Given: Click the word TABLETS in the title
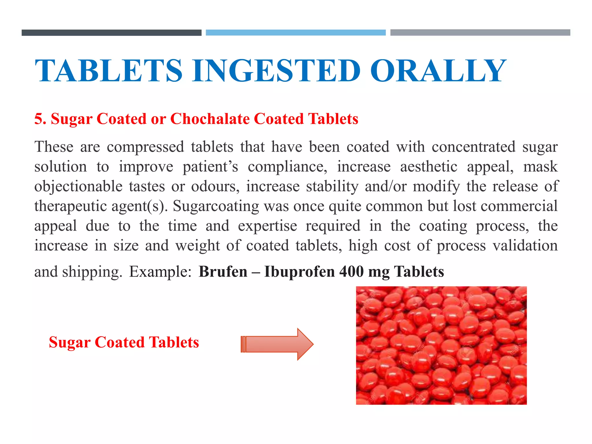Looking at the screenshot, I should (x=109, y=71).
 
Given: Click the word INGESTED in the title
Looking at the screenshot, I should (x=276, y=71).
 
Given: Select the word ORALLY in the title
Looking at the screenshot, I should (x=438, y=71).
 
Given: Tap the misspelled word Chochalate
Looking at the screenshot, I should (x=210, y=119).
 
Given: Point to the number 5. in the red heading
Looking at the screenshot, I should (x=40, y=119).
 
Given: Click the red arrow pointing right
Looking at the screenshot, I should (x=277, y=344).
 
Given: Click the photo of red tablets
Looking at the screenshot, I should (x=441, y=345).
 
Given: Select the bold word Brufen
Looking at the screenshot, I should (x=223, y=272).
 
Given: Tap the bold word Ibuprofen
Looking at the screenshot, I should (x=299, y=272).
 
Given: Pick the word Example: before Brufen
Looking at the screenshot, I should (x=160, y=272).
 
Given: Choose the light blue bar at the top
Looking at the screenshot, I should (x=296, y=32).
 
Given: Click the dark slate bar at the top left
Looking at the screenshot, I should (x=112, y=33).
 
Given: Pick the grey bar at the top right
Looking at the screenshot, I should (x=480, y=32).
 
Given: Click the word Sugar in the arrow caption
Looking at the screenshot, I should (x=69, y=342).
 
